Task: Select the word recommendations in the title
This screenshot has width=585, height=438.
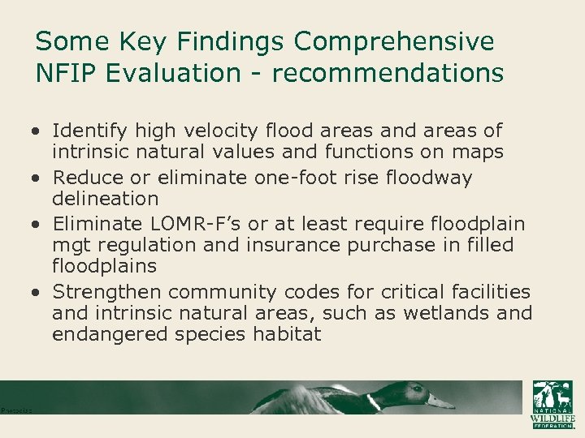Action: click(x=388, y=73)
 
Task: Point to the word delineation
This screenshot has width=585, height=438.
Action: click(x=106, y=199)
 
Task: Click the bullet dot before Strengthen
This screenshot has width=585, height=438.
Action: click(x=38, y=292)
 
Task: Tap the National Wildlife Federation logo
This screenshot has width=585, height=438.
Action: click(x=552, y=403)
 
